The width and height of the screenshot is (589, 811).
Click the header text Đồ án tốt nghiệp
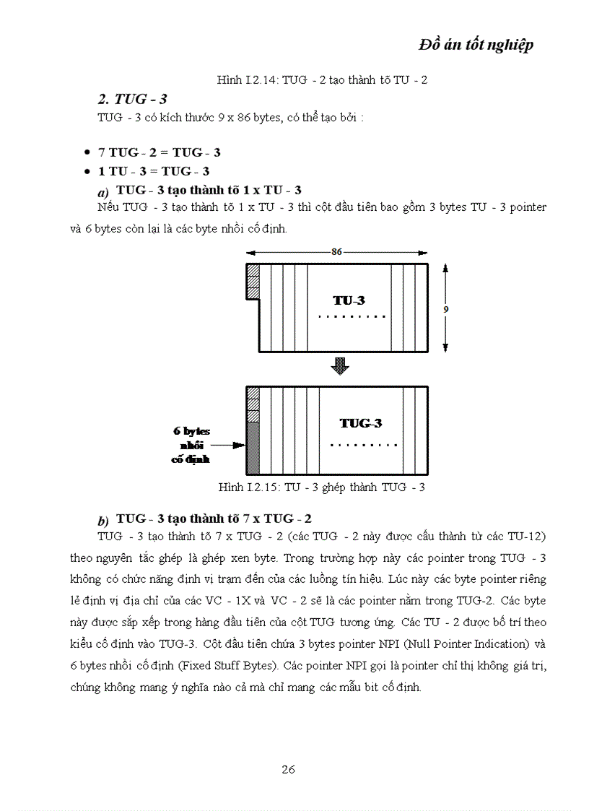(x=476, y=45)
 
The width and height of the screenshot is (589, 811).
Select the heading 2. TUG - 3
(x=136, y=99)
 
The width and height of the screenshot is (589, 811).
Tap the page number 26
(x=288, y=769)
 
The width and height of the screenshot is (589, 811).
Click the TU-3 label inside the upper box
(x=349, y=300)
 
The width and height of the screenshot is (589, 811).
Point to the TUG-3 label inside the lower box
(x=360, y=423)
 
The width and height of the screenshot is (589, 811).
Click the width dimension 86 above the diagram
(x=336, y=252)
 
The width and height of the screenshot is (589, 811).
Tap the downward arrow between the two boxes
(x=339, y=366)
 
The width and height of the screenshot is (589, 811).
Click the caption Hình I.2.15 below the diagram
(x=321, y=487)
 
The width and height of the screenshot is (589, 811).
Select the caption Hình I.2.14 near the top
(x=322, y=79)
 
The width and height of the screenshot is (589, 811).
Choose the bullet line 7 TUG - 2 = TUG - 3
(x=160, y=152)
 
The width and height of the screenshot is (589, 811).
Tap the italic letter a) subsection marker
(x=102, y=193)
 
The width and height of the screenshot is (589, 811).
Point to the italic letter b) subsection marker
(x=102, y=521)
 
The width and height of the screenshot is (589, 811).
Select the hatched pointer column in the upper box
(x=253, y=282)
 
